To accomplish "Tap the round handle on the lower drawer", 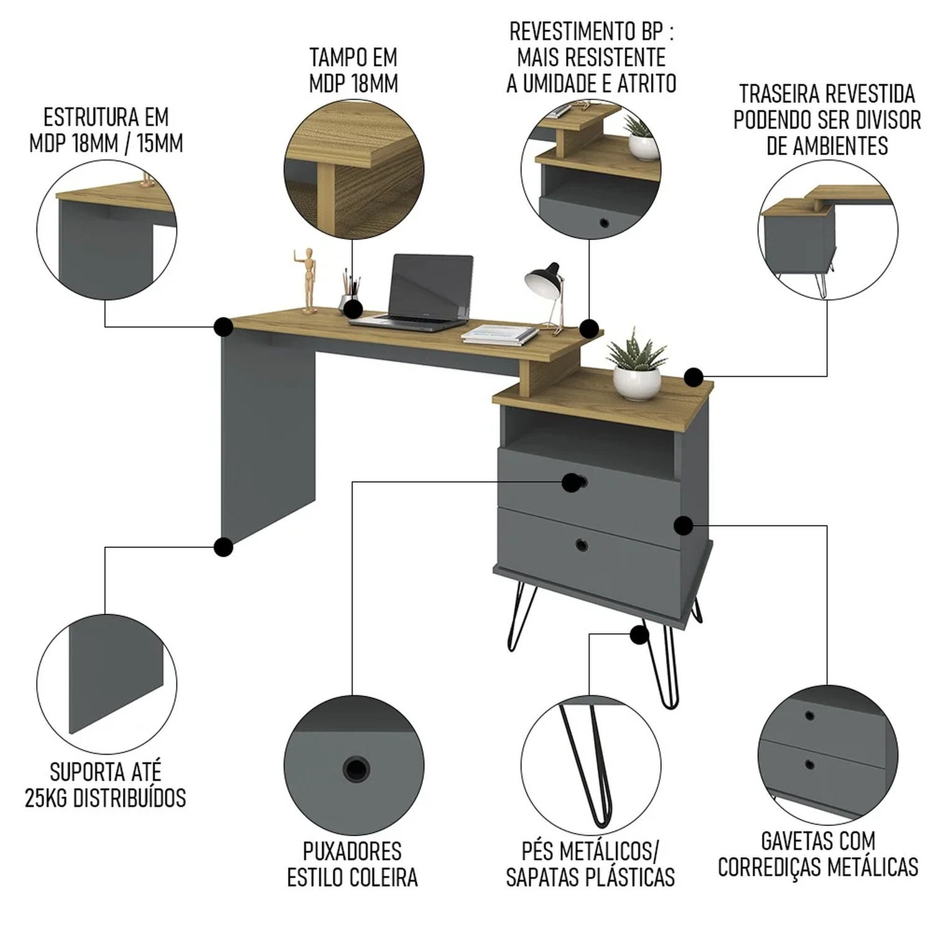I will click(x=582, y=545).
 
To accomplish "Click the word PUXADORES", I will click(x=352, y=851).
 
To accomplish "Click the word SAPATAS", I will click(x=545, y=877).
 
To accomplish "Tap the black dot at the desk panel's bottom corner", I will click(x=223, y=547).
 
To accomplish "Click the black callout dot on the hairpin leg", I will click(x=638, y=635).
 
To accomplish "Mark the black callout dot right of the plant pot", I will click(x=694, y=376).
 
